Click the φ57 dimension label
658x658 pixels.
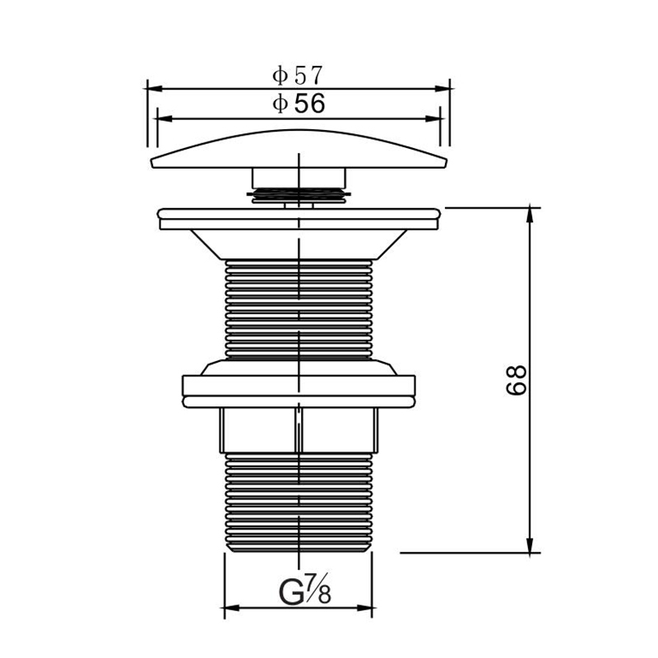[x=297, y=76]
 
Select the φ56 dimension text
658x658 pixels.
[x=299, y=104]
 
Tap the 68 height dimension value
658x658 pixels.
[x=516, y=380]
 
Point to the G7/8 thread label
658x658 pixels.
[x=304, y=589]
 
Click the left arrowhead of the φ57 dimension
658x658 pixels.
[x=154, y=89]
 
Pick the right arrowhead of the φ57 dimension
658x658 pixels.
[x=443, y=89]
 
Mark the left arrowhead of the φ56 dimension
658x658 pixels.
[x=164, y=118]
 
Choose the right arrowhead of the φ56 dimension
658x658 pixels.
[x=433, y=118]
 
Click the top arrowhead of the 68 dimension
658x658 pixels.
[x=530, y=215]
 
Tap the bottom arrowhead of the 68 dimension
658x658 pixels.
[x=530, y=545]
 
